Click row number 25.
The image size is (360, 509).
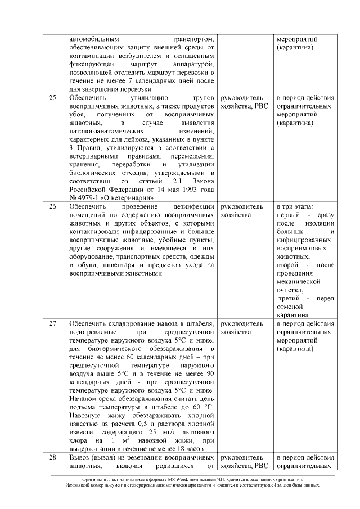click(53, 98)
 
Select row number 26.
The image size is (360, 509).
click(53, 208)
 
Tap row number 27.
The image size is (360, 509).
click(53, 325)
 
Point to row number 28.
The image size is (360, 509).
click(53, 457)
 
